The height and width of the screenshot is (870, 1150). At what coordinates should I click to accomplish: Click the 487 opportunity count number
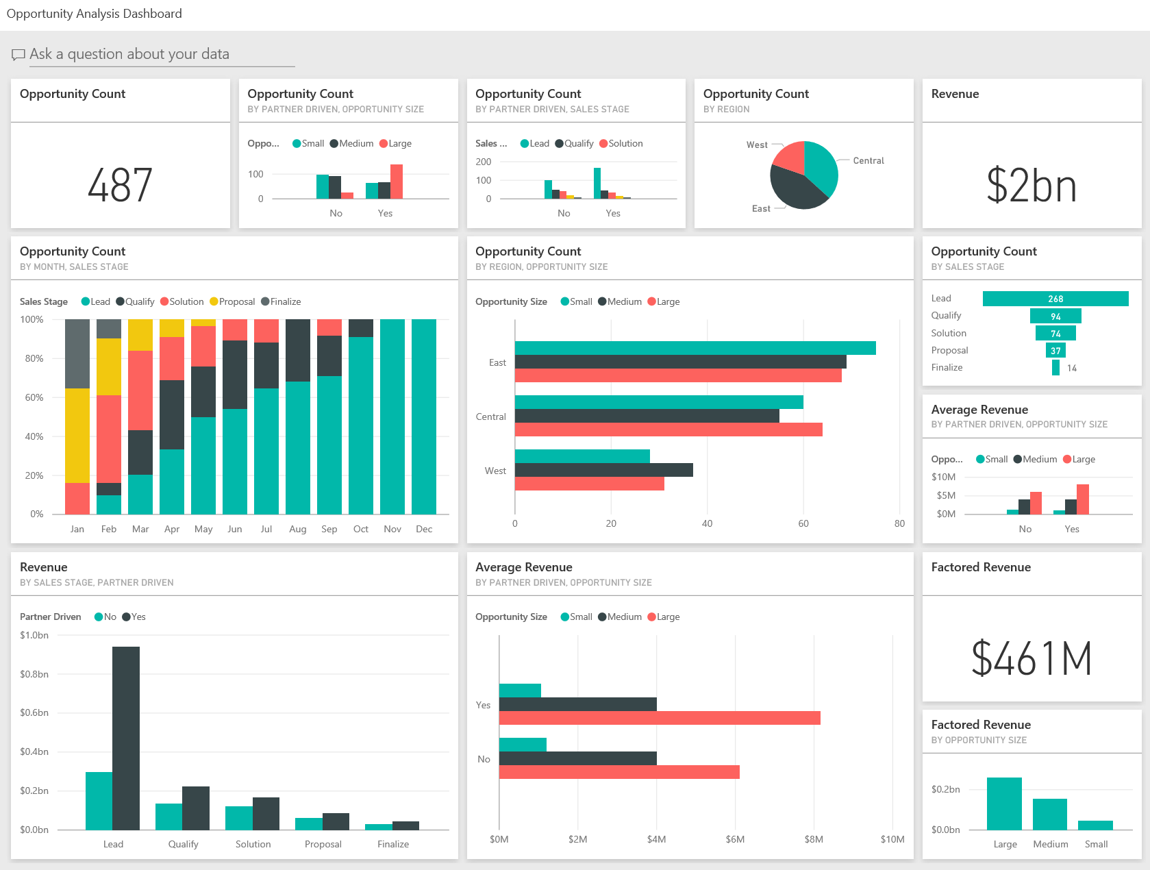tap(120, 186)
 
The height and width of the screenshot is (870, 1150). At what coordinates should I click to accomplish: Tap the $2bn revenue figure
tap(1031, 186)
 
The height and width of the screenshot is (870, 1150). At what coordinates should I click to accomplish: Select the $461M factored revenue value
tap(1031, 658)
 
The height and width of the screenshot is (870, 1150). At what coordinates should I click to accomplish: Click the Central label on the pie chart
tap(868, 161)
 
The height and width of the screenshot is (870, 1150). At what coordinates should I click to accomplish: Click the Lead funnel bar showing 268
tap(1055, 299)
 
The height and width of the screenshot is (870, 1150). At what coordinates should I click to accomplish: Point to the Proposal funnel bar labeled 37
tap(1055, 351)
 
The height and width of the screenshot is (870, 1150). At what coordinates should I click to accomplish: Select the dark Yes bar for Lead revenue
tap(126, 738)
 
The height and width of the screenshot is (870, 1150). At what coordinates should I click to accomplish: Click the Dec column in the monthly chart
tap(424, 417)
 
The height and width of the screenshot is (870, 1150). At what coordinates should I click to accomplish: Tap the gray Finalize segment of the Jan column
tap(77, 353)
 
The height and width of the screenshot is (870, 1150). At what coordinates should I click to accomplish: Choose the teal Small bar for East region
tap(695, 348)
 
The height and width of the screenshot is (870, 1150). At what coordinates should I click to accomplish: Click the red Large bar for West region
tap(589, 484)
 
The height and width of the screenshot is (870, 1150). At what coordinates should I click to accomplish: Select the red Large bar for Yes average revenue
tap(660, 718)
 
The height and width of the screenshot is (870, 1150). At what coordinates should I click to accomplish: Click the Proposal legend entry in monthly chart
tap(232, 302)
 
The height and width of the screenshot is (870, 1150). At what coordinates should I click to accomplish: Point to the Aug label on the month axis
tap(298, 530)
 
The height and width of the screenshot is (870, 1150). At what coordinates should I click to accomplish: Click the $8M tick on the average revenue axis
tap(814, 839)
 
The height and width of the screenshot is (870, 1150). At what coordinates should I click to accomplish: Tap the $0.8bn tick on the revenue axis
tap(34, 674)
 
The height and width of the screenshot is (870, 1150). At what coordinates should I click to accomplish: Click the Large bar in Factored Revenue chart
tap(1004, 804)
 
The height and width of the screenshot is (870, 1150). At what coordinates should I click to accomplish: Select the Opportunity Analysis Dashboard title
tap(95, 14)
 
